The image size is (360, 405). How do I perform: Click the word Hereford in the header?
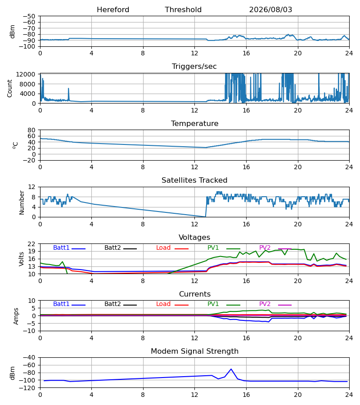[x=113, y=10]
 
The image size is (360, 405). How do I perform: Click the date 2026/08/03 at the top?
[x=270, y=10]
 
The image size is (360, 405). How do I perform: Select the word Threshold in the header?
[x=183, y=10]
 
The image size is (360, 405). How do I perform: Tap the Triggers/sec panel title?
[x=194, y=67]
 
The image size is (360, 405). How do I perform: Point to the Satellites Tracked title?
[x=194, y=180]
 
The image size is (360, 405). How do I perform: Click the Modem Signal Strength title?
[x=194, y=351]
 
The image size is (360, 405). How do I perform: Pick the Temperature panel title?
[x=194, y=124]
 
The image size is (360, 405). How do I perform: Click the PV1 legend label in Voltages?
[x=213, y=247]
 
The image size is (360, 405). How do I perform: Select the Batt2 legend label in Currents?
[x=112, y=304]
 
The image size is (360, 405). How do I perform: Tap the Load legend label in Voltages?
[x=163, y=247]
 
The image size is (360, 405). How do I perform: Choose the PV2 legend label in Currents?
[x=265, y=304]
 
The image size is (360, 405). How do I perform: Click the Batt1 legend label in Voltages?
[x=61, y=247]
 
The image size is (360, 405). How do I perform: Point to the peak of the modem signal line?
[x=231, y=369]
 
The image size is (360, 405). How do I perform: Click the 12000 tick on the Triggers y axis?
[x=26, y=74]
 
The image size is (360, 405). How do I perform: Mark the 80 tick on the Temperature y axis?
[x=31, y=130]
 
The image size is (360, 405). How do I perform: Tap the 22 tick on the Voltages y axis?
[x=31, y=244]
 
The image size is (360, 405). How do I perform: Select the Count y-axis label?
[x=9, y=88]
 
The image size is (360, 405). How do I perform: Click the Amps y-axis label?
[x=16, y=316]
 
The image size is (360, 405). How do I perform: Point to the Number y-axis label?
[x=22, y=202]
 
